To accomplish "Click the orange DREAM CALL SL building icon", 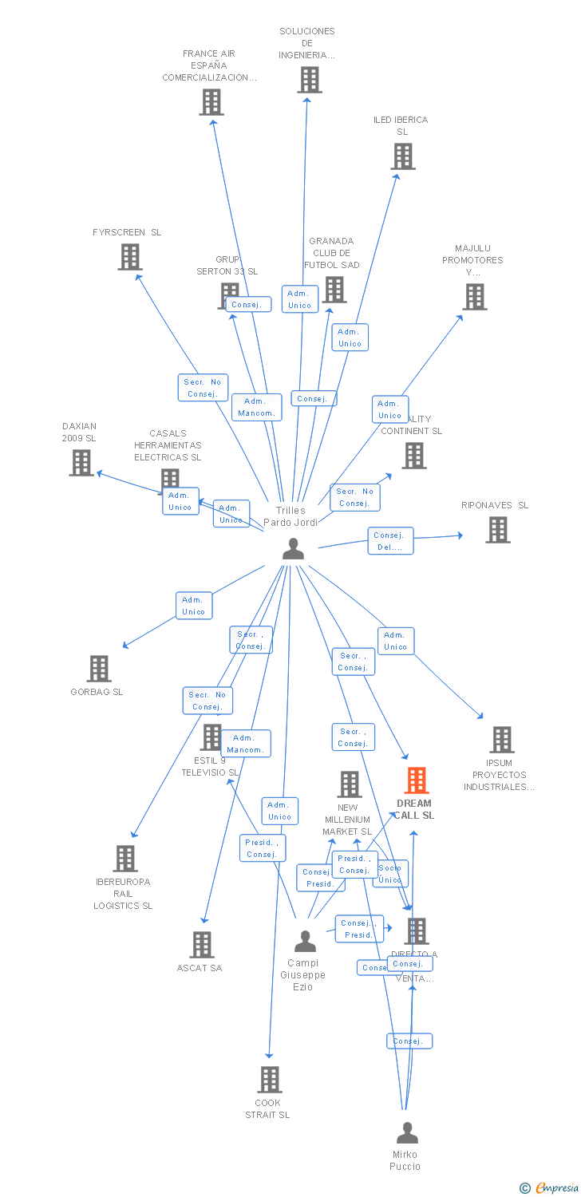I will [416, 780].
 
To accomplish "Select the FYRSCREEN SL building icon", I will [129, 257].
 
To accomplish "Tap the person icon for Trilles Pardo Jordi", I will [294, 549].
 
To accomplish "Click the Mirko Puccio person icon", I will [407, 1132].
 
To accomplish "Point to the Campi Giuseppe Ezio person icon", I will [305, 942].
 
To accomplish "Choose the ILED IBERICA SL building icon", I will [403, 156].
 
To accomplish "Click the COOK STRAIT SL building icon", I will [270, 1080].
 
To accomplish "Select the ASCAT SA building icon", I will [202, 945].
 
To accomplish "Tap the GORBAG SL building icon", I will [98, 669].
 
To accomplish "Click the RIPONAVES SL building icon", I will [497, 530].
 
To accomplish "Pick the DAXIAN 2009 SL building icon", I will [81, 463].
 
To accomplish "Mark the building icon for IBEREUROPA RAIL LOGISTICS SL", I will [125, 859].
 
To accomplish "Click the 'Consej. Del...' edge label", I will [390, 541].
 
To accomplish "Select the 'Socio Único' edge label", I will [390, 874].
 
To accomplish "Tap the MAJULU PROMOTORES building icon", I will [474, 297].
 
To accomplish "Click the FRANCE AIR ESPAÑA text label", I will [209, 65].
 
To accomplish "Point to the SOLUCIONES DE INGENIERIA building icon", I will [310, 80].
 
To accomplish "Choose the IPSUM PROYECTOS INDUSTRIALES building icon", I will [501, 740].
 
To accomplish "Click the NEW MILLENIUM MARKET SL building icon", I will [349, 784].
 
